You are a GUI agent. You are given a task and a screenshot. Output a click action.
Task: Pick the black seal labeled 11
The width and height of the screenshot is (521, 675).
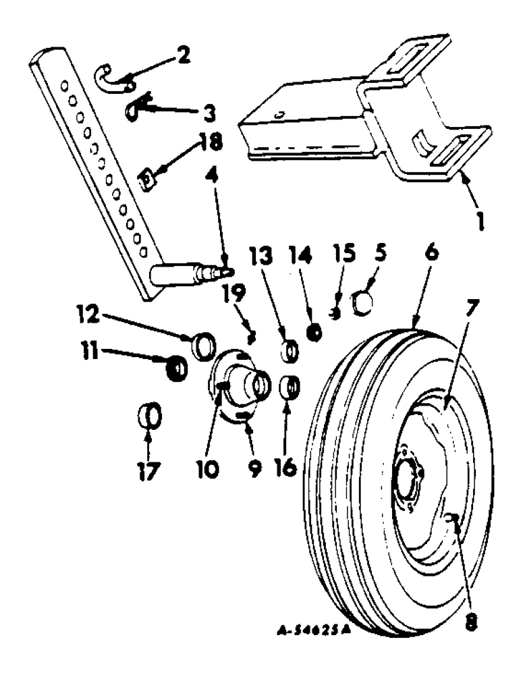click(175, 369)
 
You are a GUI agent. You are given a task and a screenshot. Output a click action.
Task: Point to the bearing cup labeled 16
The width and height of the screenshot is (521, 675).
click(289, 389)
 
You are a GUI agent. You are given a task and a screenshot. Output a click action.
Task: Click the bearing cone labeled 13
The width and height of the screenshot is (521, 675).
click(290, 352)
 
